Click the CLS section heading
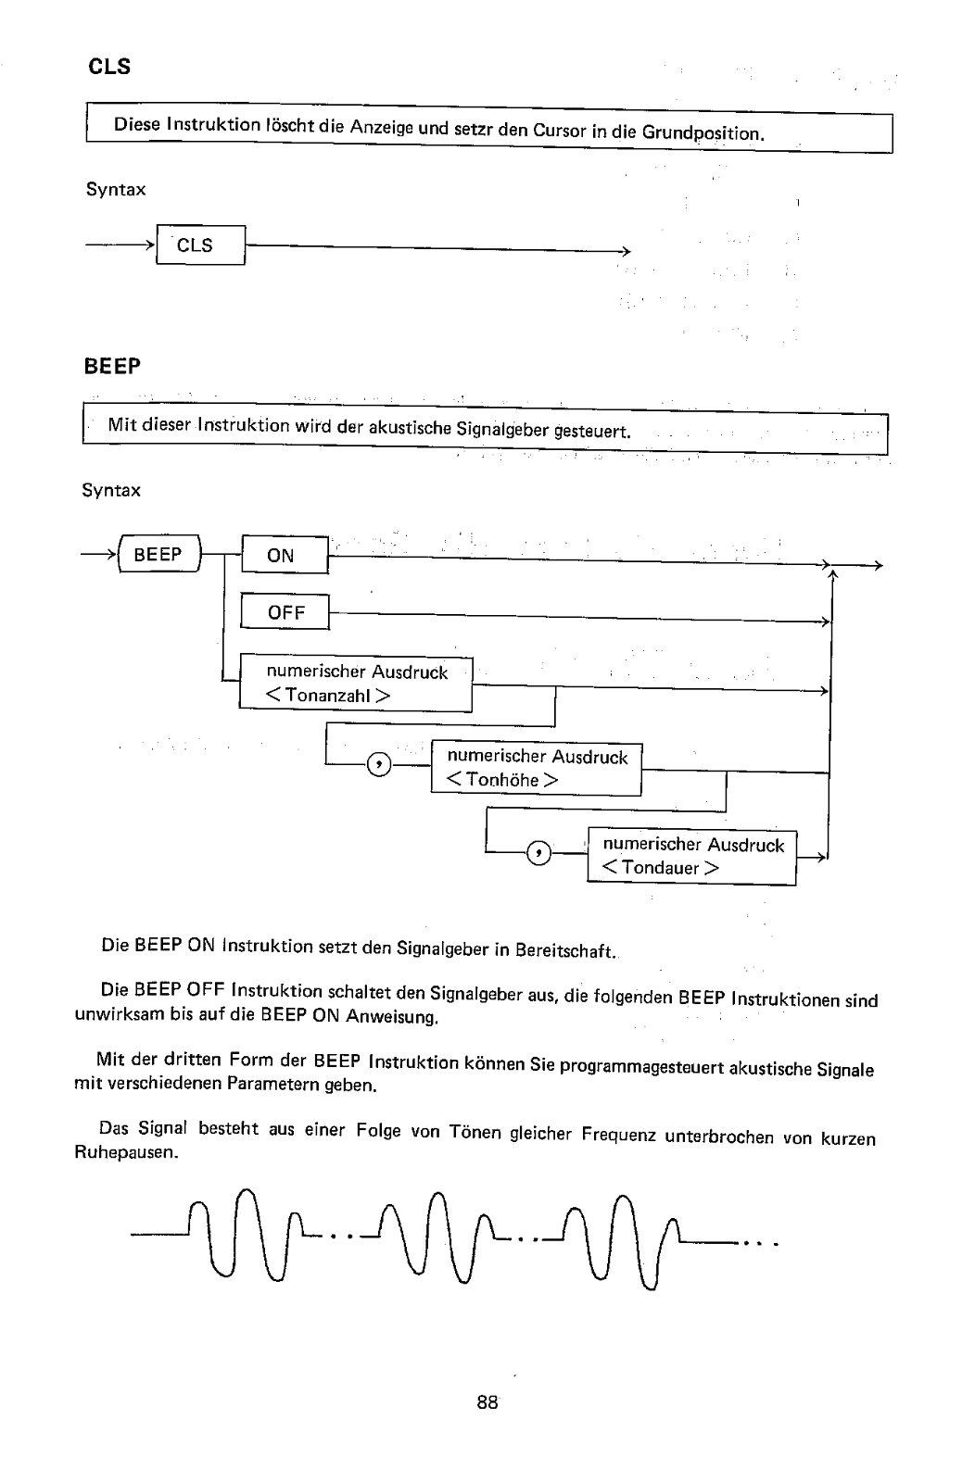tap(108, 67)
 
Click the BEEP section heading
tap(112, 366)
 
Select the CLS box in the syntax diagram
tap(200, 245)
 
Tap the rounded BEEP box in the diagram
tap(158, 555)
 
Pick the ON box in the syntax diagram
tap(284, 555)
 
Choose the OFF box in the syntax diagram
tap(285, 612)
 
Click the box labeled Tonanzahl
tap(356, 684)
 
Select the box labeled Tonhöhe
tap(537, 769)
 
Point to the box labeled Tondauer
tap(692, 857)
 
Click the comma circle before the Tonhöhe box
tap(380, 764)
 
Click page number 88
tap(487, 1402)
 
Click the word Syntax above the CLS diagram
tap(116, 190)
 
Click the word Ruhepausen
tap(125, 1154)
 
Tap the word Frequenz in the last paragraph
tap(619, 1135)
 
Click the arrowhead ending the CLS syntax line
tap(626, 252)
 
